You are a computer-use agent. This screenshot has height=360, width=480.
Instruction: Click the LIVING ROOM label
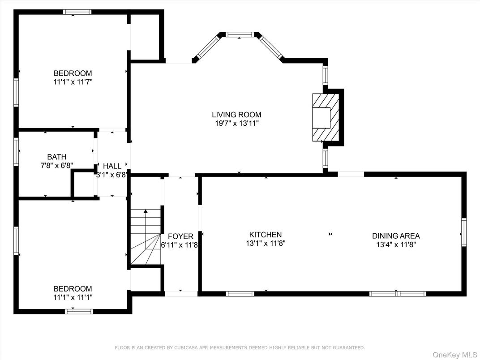point(236,115)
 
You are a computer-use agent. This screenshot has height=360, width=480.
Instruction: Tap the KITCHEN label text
point(266,235)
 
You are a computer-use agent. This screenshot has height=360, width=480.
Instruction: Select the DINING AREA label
point(396,236)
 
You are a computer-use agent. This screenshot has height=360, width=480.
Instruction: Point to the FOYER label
point(180,236)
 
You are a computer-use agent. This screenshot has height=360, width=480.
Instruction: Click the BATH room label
point(56,157)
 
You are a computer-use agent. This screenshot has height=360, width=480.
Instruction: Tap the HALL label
point(112,166)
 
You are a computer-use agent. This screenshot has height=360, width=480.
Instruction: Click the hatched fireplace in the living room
point(326,117)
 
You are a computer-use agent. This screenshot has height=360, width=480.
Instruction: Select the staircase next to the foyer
point(146,236)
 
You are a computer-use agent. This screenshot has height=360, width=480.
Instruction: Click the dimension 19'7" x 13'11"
point(236,124)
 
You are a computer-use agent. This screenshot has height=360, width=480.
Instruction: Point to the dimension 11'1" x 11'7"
point(73,82)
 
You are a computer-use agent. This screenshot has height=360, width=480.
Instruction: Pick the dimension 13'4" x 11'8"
point(396,245)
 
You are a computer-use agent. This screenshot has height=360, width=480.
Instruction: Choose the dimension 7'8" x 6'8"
point(56,166)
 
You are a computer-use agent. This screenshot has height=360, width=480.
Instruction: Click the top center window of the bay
point(240,34)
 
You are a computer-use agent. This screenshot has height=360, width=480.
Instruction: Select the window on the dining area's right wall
point(464,232)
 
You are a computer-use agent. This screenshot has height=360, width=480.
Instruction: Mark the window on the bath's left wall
point(16,152)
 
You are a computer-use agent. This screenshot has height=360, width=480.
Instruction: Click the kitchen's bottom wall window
point(240,294)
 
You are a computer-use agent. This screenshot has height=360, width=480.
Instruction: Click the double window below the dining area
point(398,294)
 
